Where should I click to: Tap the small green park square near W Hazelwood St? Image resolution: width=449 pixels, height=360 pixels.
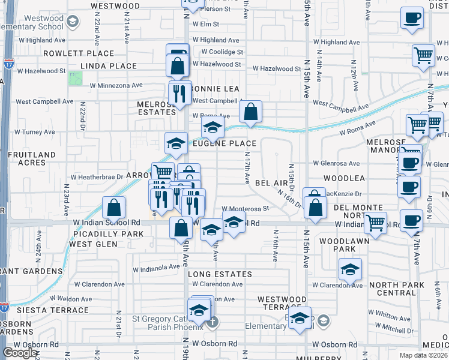[x=76, y=79]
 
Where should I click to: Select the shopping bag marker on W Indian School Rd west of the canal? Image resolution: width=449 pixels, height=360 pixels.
[x=114, y=208]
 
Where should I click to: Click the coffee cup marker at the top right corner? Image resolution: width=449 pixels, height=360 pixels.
[x=411, y=18]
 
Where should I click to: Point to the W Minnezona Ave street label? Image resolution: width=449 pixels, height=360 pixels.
[x=116, y=85]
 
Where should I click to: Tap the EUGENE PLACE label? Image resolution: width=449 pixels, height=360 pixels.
[x=224, y=143]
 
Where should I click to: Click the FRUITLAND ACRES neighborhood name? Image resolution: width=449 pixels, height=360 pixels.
[x=26, y=158]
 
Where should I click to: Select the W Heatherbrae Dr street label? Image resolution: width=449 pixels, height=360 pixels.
[x=97, y=178]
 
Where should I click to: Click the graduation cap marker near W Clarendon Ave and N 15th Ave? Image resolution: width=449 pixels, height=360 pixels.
[x=350, y=269]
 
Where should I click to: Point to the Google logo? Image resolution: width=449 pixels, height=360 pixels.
[x=20, y=353]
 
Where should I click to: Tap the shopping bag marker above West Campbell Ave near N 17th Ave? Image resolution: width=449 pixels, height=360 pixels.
[x=250, y=112]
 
